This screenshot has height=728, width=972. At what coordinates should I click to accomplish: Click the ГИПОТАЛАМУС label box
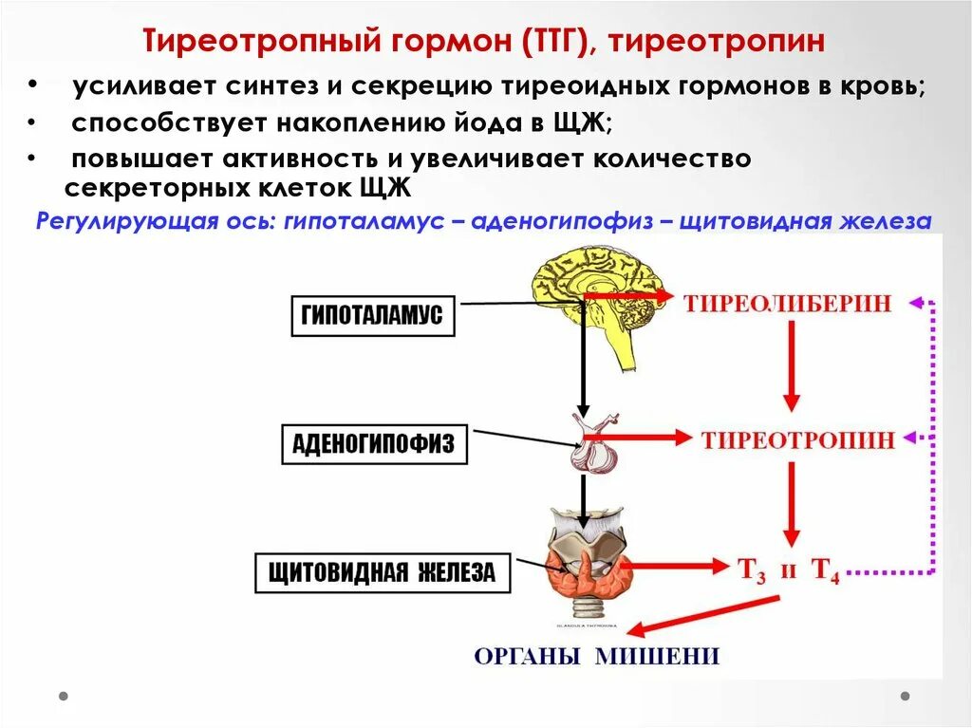click(x=372, y=316)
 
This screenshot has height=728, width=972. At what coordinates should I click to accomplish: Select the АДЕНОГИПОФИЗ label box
click(x=374, y=443)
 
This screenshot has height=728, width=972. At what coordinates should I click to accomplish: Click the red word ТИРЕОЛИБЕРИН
click(x=788, y=304)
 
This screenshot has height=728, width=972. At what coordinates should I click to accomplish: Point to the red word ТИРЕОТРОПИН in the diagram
click(x=798, y=439)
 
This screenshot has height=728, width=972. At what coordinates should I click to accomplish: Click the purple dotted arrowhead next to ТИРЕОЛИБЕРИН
click(x=915, y=304)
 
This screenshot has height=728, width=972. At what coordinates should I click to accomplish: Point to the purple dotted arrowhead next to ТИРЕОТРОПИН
click(x=915, y=439)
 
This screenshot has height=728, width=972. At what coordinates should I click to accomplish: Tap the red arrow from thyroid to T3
click(x=673, y=567)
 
